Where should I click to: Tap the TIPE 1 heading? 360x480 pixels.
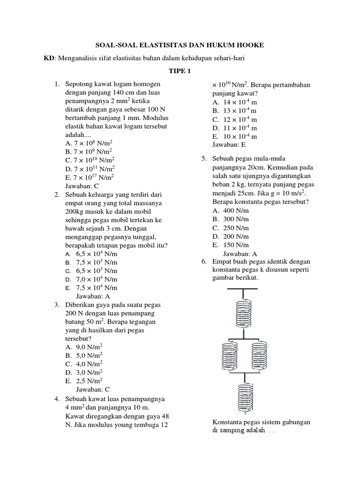point(180,71)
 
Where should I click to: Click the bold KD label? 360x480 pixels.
point(49,58)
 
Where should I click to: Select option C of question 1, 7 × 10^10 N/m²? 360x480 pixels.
point(89,160)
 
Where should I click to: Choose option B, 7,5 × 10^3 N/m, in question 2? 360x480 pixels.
point(91,262)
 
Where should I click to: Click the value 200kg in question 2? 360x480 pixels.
point(78,211)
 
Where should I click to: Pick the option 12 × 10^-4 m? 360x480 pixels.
point(234,119)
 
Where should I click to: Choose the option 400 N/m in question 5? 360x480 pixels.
point(230,211)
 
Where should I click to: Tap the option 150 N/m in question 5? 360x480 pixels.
point(230,245)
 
